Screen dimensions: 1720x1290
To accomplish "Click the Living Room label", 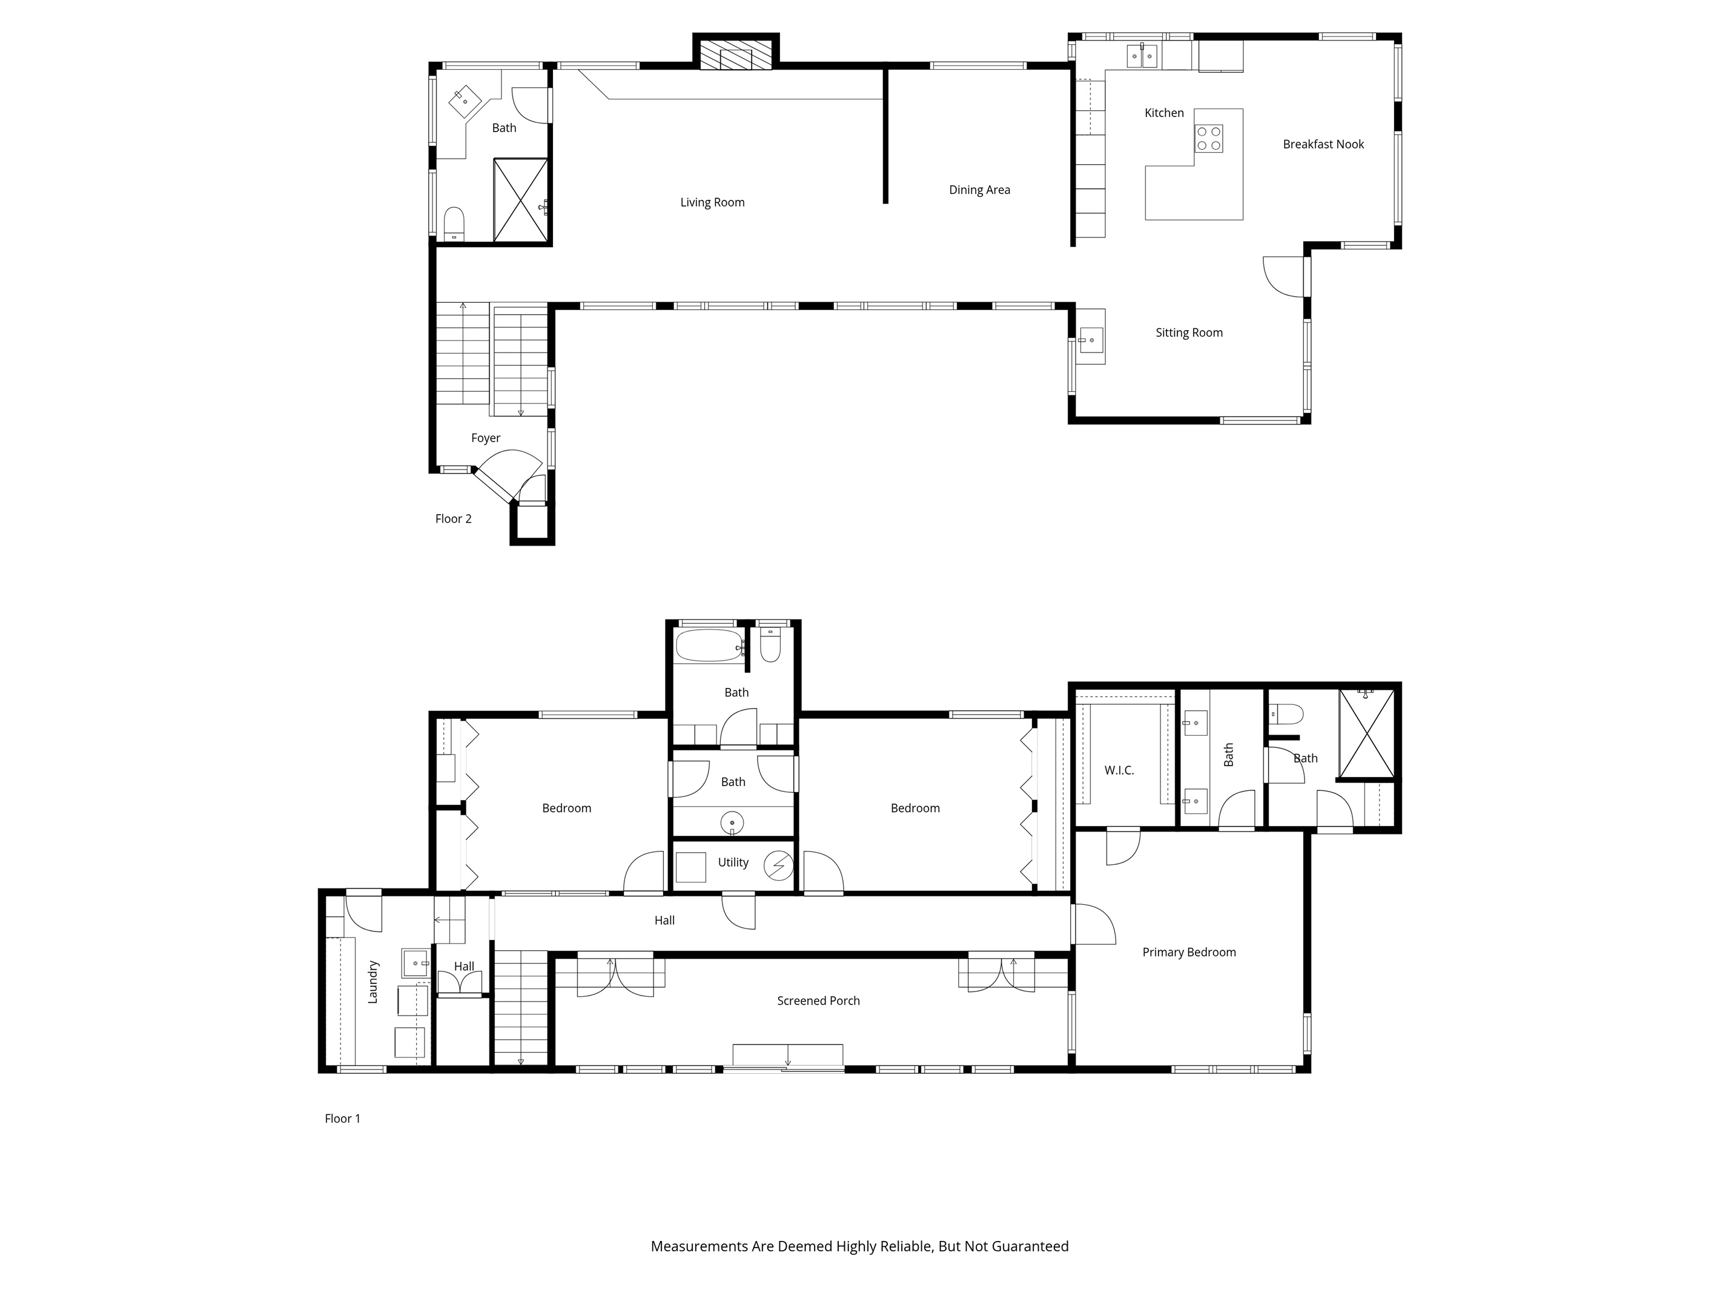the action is [712, 202].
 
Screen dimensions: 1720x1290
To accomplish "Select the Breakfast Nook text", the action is [1323, 144].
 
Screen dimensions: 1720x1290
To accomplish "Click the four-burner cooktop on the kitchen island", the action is [1208, 139].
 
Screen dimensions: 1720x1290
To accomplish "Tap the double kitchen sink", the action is [1142, 56].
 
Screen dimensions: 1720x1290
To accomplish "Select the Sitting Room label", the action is [1189, 333].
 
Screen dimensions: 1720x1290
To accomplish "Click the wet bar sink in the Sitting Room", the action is [1091, 340].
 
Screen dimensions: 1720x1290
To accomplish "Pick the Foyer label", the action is [485, 438].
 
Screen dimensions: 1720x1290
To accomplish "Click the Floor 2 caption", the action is [454, 518].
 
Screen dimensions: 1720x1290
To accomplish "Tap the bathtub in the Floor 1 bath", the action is [709, 646].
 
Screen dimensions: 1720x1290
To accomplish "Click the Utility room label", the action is [733, 862].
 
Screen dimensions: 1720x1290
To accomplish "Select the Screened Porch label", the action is [818, 1001].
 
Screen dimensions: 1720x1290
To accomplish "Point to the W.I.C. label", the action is [1119, 770].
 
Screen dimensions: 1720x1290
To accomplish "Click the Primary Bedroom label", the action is [1189, 952].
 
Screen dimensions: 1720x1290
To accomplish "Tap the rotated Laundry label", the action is [372, 982].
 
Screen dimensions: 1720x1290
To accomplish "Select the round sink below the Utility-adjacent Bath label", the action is [732, 822].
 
